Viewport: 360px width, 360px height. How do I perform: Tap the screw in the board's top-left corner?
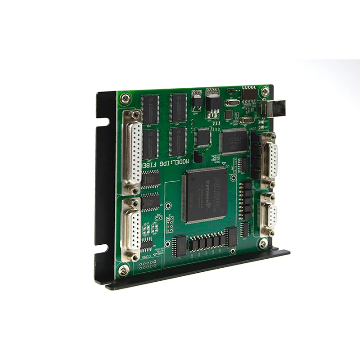point(125,98)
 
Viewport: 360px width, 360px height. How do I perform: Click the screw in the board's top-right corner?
point(265,92)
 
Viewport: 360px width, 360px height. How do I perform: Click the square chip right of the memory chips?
point(203,136)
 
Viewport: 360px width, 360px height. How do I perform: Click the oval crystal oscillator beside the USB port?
point(247,120)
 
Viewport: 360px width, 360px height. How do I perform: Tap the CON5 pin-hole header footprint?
point(148,263)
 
